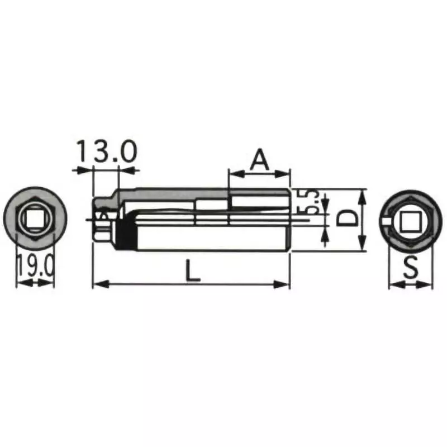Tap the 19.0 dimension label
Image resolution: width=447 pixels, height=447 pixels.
pyautogui.click(x=35, y=266)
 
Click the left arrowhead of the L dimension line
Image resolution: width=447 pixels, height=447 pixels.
pyautogui.click(x=98, y=285)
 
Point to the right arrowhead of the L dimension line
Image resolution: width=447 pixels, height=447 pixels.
pyautogui.click(x=283, y=285)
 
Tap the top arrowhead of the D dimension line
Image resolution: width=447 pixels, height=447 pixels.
pyautogui.click(x=362, y=195)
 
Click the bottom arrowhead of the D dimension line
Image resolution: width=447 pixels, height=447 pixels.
pyautogui.click(x=362, y=245)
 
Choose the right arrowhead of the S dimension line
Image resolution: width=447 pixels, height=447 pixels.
pyautogui.click(x=427, y=285)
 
